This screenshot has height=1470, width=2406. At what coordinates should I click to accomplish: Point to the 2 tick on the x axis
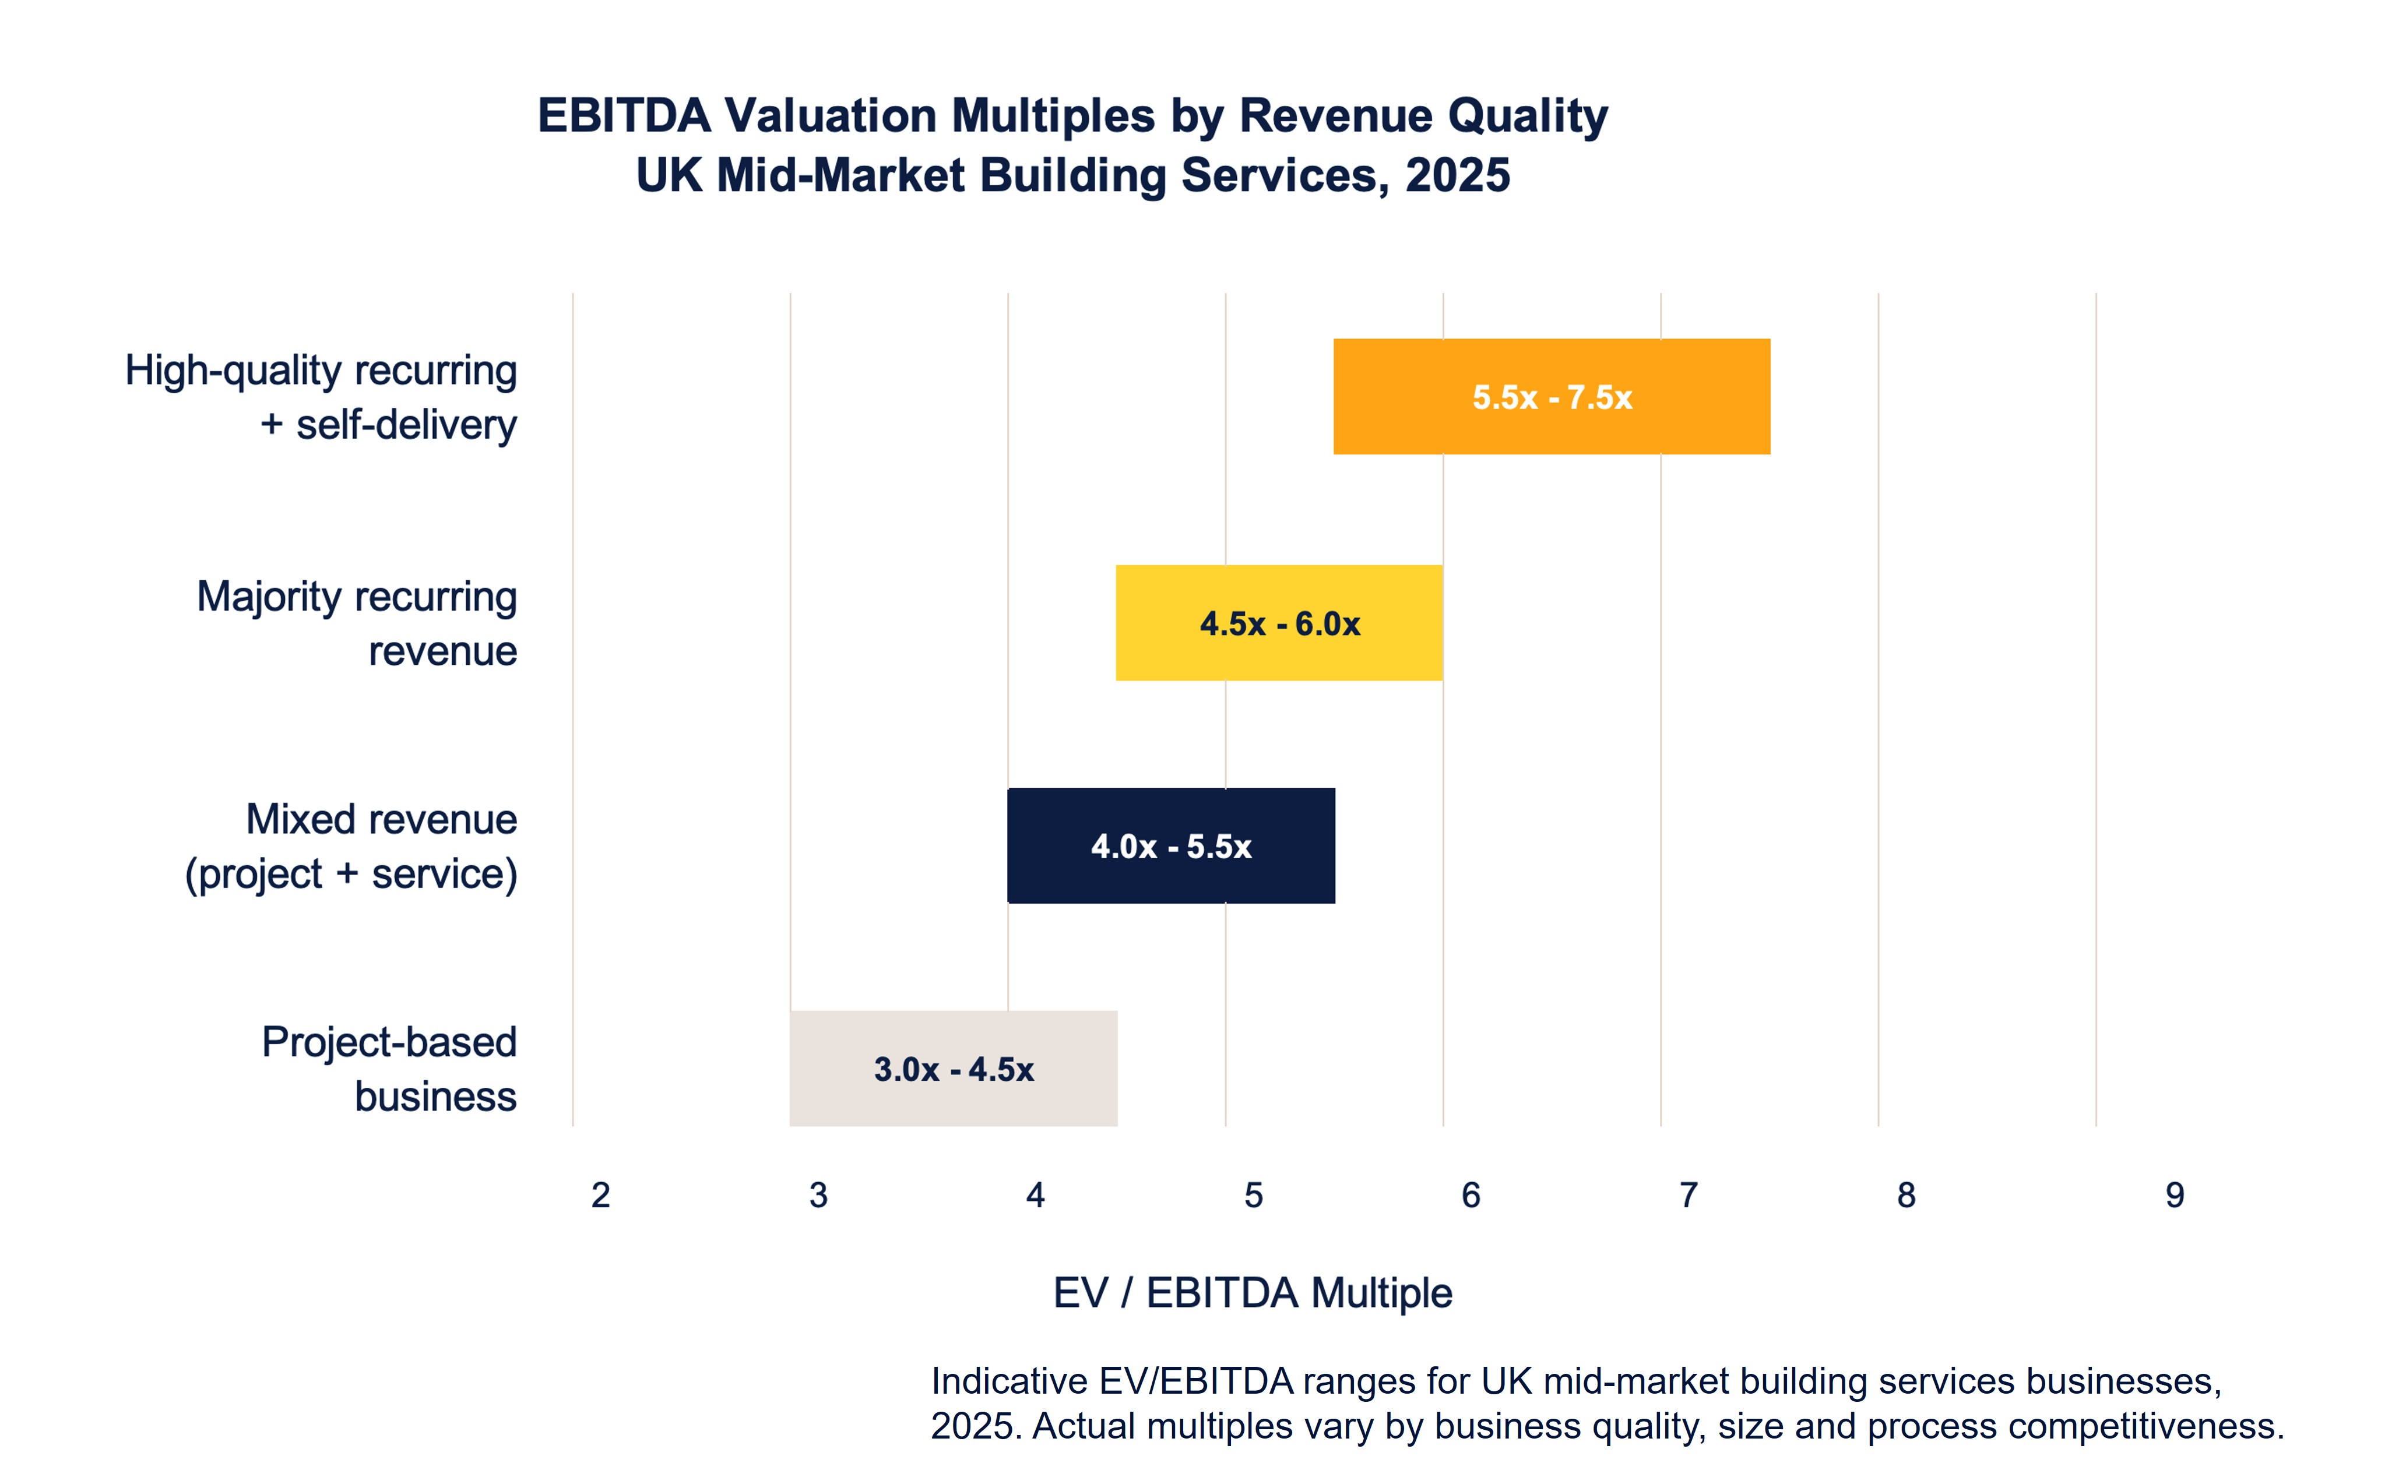(x=600, y=1195)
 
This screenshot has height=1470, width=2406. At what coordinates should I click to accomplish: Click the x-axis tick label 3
(x=818, y=1195)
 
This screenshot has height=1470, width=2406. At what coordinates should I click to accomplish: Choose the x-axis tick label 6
(x=1471, y=1195)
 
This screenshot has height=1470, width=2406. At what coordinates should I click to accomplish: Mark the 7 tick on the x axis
(x=1689, y=1195)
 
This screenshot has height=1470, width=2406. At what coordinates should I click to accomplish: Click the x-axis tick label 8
(x=1906, y=1195)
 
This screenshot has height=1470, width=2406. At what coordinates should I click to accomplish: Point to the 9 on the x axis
(x=2175, y=1195)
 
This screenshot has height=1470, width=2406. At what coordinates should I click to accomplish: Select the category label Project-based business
(x=389, y=1069)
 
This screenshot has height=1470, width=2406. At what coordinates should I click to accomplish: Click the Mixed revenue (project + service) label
(x=351, y=846)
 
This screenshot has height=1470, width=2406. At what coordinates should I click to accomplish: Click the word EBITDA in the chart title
(x=624, y=115)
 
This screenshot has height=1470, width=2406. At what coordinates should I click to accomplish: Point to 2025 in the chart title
(x=1457, y=176)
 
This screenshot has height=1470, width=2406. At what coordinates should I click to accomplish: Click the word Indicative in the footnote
(x=1009, y=1381)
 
